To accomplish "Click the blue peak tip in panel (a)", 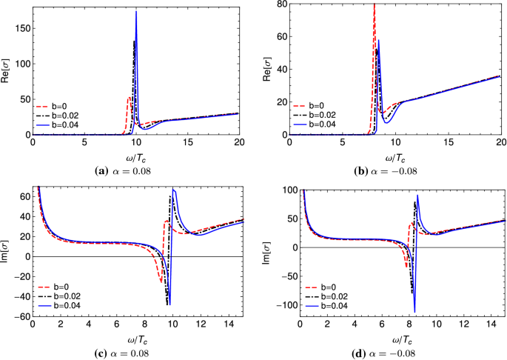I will click(x=136, y=11).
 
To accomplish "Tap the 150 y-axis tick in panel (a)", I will click(x=21, y=29).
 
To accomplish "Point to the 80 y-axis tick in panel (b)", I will click(x=283, y=4).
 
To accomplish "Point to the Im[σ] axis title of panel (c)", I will click(x=7, y=251).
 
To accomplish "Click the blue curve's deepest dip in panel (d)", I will click(x=414, y=312).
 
